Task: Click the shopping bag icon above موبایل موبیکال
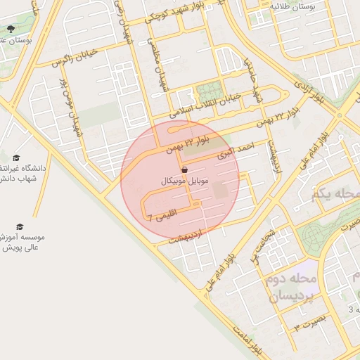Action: click(184, 170)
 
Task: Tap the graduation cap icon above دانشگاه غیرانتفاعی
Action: click(16, 157)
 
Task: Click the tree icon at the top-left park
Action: click(11, 29)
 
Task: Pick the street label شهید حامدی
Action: click(252, 77)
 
